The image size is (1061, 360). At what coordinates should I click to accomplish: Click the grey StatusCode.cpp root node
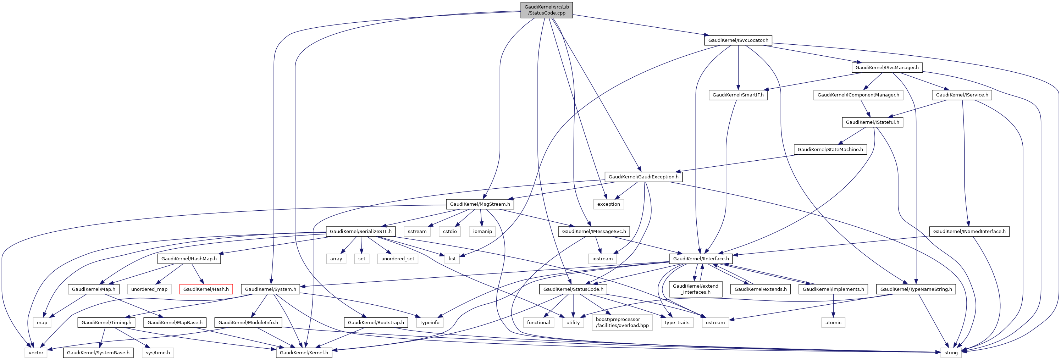tap(547, 10)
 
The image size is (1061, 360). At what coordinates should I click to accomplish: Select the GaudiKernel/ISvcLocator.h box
tap(738, 40)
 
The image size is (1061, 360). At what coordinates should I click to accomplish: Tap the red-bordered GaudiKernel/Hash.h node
tap(206, 289)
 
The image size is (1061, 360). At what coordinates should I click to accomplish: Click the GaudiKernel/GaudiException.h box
tap(643, 177)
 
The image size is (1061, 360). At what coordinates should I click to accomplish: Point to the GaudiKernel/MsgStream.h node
tap(480, 204)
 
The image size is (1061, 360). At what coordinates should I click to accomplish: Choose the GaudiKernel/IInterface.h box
tap(701, 259)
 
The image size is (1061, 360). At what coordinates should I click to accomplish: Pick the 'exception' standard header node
tap(608, 204)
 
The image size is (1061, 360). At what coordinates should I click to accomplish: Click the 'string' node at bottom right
tap(951, 353)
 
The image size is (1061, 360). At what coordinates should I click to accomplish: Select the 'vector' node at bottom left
tap(36, 353)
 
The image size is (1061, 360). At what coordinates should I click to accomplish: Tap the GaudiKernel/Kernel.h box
tap(304, 353)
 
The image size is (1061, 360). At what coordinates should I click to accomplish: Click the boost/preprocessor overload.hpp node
tap(622, 322)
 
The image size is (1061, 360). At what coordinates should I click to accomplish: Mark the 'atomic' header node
tap(833, 322)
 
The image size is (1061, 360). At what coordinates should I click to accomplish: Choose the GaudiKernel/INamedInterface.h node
tap(969, 232)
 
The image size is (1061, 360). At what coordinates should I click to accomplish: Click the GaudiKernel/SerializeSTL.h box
tap(361, 232)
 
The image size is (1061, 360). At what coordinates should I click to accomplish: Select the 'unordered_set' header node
tap(397, 259)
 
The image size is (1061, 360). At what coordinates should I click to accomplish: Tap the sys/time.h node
tap(158, 353)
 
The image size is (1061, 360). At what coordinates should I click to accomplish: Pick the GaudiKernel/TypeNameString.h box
tap(916, 289)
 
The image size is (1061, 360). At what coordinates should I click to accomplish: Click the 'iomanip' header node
tap(482, 232)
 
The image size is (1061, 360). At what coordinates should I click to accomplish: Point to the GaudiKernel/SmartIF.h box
tap(738, 95)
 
